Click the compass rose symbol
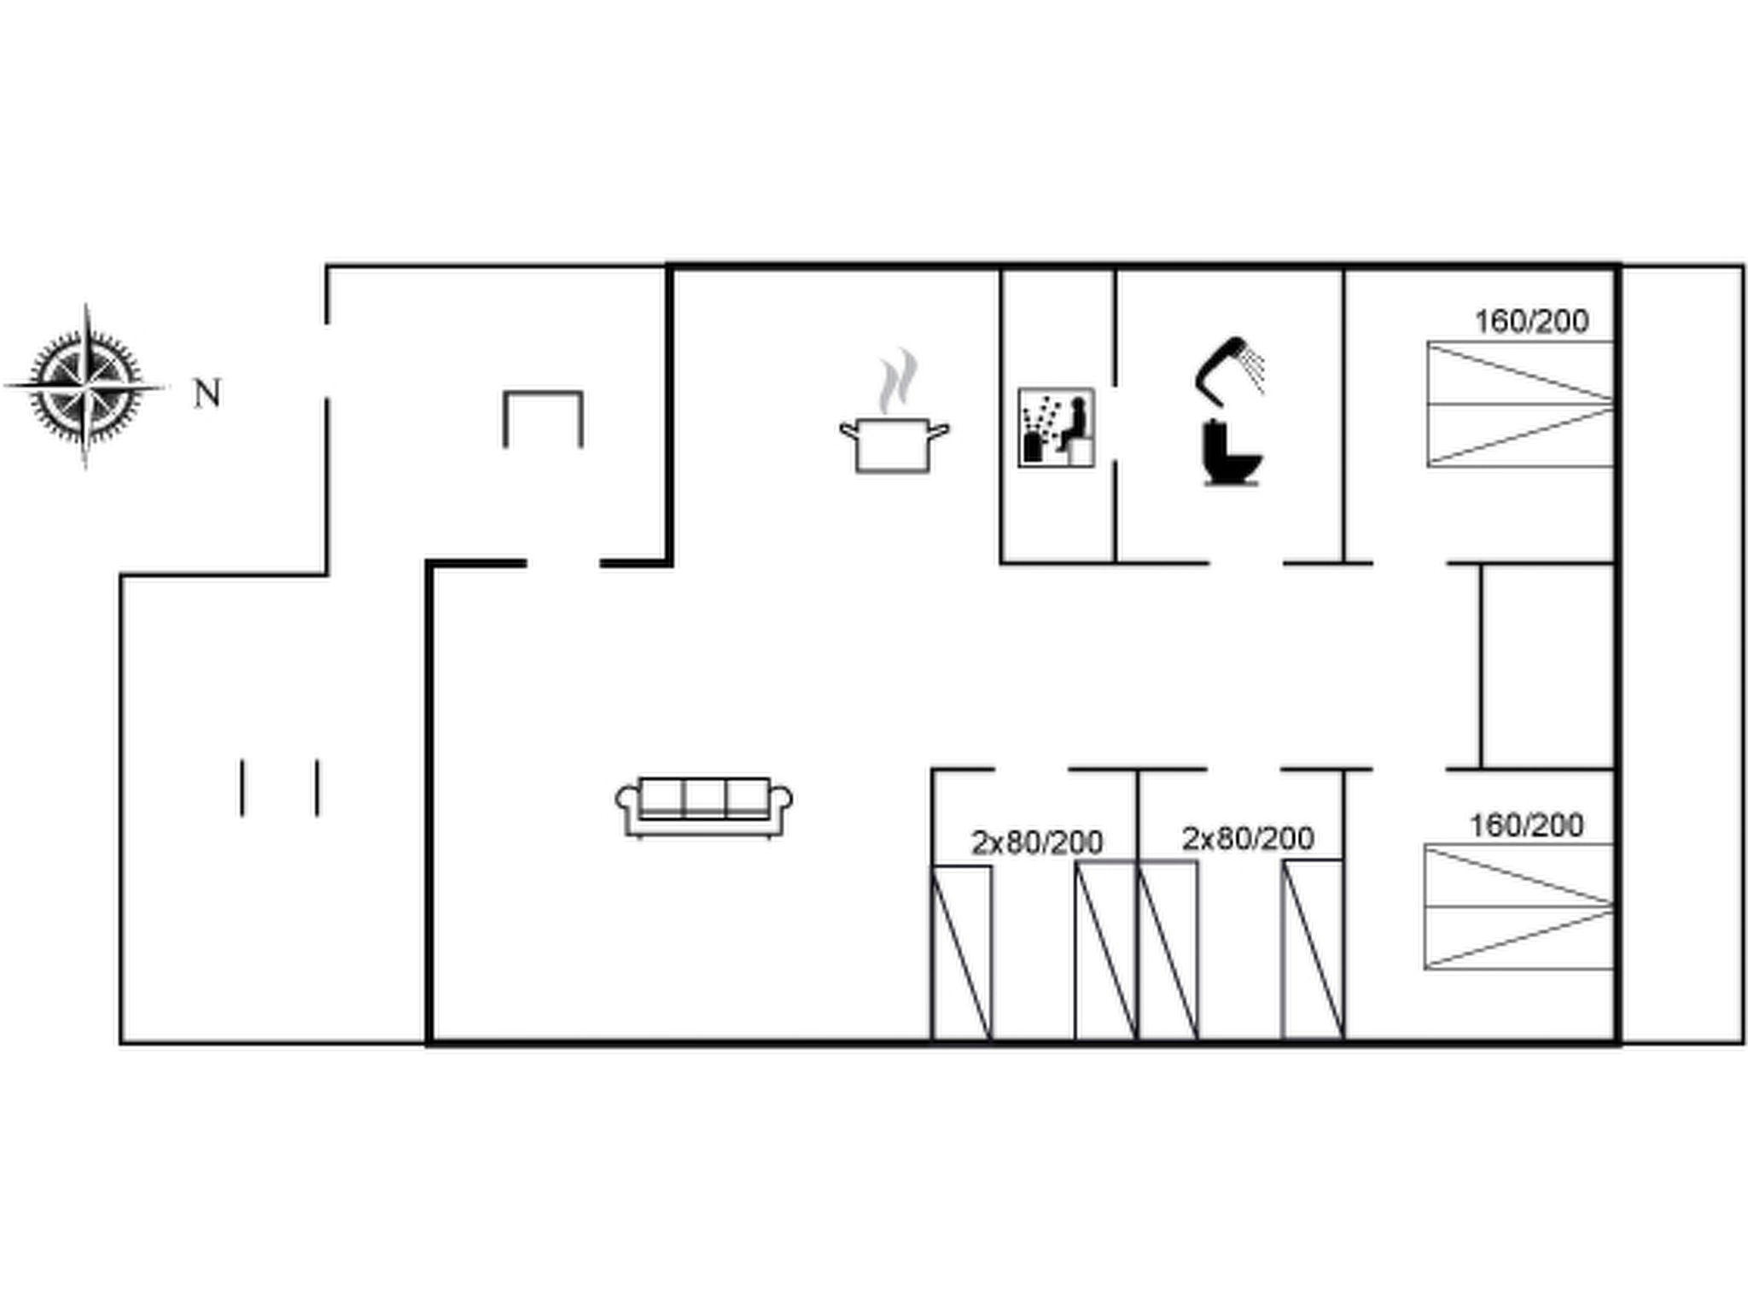tap(84, 387)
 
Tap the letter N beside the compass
tap(207, 393)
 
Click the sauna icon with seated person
tap(1056, 428)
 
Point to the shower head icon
tap(1230, 367)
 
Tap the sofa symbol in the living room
tap(704, 807)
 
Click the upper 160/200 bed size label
tap(1532, 322)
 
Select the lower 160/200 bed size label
tap(1526, 825)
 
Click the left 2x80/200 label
tap(1037, 843)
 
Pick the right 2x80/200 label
tap(1248, 839)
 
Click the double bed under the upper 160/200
tap(1520, 405)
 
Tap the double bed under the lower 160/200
tap(1519, 906)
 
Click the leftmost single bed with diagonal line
tap(962, 953)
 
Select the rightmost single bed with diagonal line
tap(1313, 950)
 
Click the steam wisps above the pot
tap(898, 380)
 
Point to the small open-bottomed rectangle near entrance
tap(543, 393)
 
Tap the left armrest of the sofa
tap(627, 801)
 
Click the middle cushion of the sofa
tap(704, 797)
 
